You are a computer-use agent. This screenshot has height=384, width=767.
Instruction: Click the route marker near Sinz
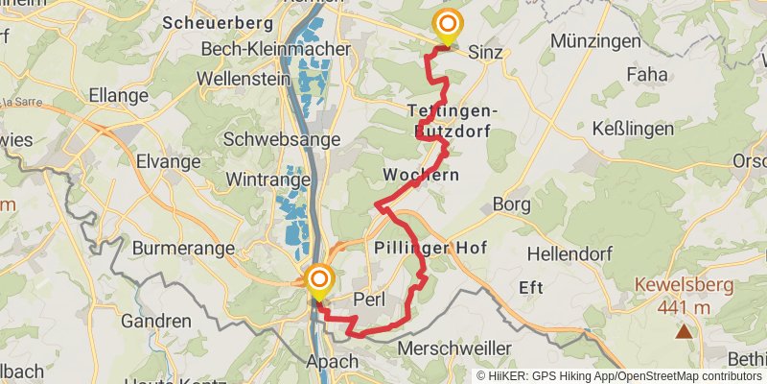[447, 26]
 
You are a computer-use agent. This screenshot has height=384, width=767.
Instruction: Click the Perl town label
[369, 299]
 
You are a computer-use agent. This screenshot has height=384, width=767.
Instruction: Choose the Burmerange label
[183, 248]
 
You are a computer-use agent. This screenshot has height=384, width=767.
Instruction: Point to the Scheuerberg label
[212, 20]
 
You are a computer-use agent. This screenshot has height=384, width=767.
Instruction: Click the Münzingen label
[596, 41]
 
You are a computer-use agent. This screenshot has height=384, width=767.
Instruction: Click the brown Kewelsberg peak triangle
[684, 332]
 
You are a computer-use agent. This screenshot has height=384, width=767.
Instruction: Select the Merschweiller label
[454, 348]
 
